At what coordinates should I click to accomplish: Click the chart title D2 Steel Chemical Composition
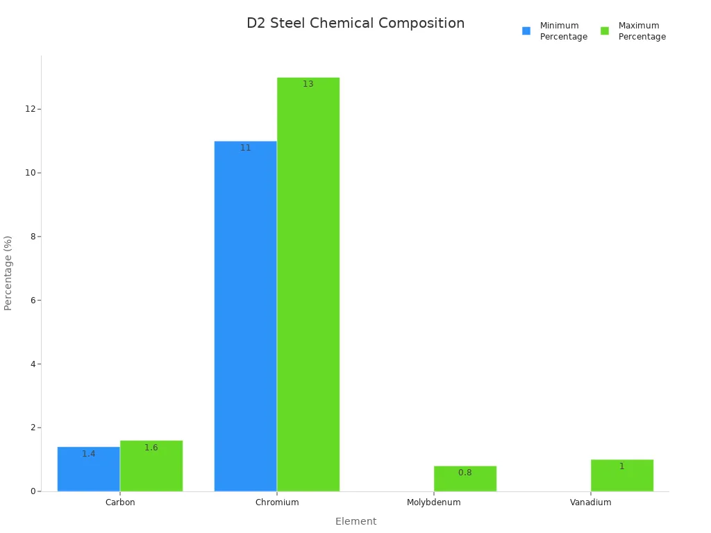(355, 24)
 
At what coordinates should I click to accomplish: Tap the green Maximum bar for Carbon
(151, 466)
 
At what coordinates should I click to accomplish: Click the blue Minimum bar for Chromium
(246, 316)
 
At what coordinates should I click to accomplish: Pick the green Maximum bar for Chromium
(308, 285)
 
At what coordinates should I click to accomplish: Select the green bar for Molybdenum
(465, 479)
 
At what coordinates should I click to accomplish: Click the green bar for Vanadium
(622, 475)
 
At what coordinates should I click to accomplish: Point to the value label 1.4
(89, 454)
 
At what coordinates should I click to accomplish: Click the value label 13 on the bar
(308, 84)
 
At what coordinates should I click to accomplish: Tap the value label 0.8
(465, 473)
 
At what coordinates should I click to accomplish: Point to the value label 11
(246, 148)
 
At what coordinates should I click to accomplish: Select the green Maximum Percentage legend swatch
(605, 31)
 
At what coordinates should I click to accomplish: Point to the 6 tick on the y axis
(32, 300)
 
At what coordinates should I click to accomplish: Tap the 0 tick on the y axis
(32, 491)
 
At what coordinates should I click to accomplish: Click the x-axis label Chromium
(277, 502)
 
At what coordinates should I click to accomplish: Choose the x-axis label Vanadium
(591, 502)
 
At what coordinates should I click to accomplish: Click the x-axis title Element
(355, 521)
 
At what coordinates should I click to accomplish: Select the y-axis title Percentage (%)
(8, 273)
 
